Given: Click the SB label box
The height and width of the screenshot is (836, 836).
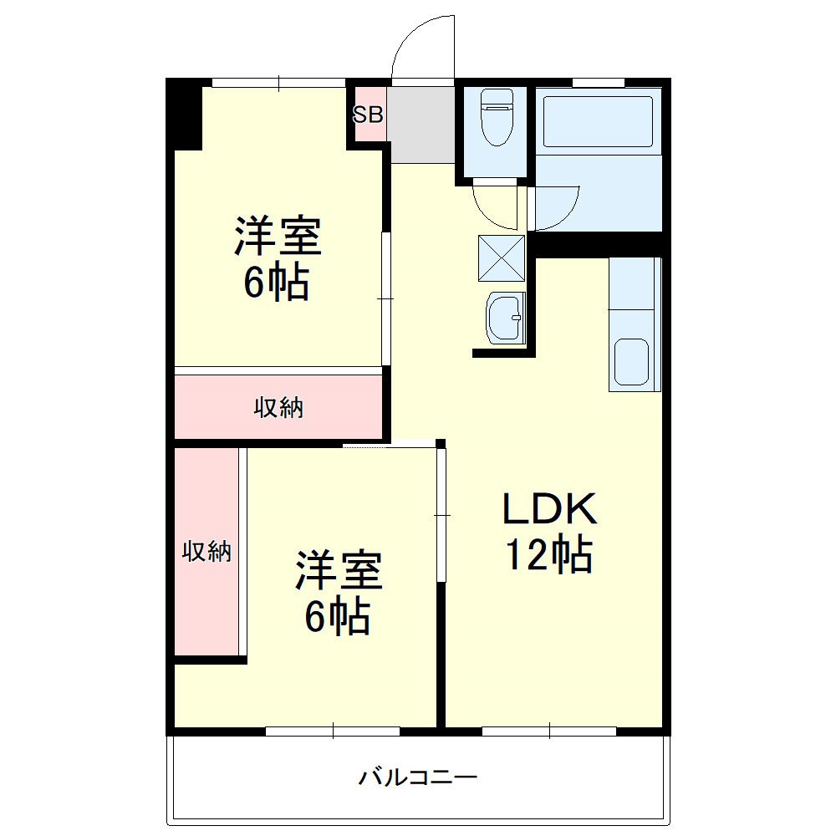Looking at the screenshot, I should coord(368,115).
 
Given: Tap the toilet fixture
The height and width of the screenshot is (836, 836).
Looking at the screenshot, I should coord(497,116).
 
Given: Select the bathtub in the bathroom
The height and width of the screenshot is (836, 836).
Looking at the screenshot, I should coord(598,123).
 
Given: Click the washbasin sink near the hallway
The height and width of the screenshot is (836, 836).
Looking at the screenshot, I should coord(504,318).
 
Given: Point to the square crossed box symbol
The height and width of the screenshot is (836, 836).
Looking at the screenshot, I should coord(502,257).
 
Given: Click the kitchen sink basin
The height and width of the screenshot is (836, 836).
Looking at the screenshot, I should coord(632,361).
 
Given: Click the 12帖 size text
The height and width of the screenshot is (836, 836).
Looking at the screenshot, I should coord(548,554).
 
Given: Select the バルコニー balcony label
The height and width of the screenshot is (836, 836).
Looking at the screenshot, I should coord(418,778).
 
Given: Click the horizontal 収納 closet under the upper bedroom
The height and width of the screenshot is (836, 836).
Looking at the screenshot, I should coord(278,408).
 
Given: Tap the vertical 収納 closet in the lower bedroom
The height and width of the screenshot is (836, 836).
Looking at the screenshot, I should coord(206,552).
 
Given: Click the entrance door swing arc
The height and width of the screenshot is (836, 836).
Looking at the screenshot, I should coord(422,46).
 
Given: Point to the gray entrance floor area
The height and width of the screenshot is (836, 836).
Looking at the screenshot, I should coord(421,124).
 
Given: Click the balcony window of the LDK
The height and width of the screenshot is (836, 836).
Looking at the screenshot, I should coord(549,731).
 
